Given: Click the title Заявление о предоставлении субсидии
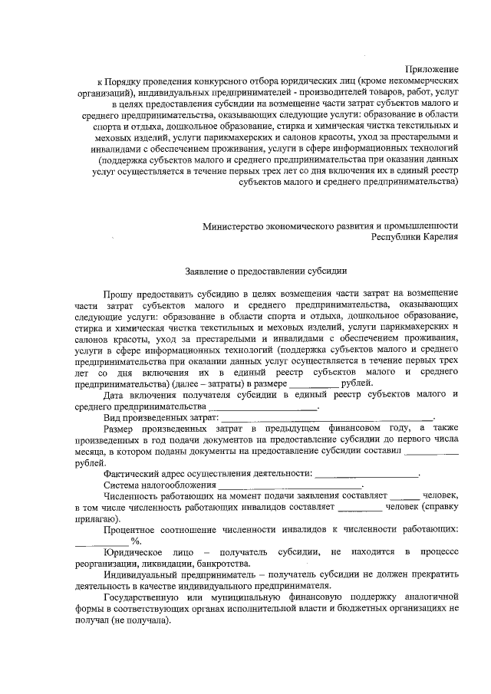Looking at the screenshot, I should point(267,270).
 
